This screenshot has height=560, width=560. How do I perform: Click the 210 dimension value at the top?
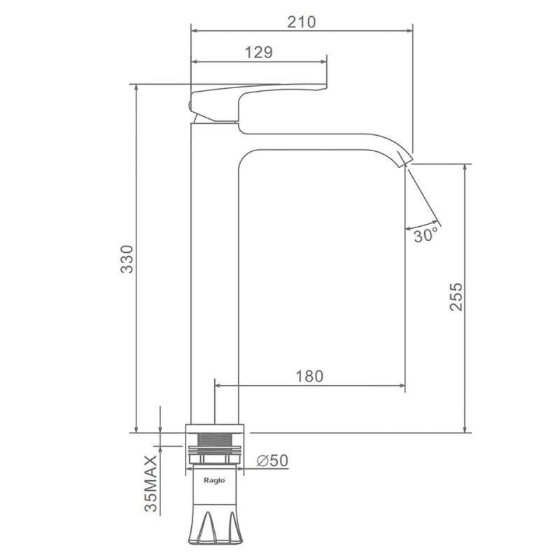point(302,22)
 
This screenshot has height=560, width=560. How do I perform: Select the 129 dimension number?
point(258,52)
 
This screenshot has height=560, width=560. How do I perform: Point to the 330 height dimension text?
point(127,259)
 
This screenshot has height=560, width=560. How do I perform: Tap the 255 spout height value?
point(456,296)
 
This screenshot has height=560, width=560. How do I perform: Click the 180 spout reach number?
point(309,376)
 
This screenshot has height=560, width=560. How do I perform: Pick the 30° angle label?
point(426,235)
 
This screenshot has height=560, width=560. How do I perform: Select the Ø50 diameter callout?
point(272,461)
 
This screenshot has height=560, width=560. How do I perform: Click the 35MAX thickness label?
point(150,483)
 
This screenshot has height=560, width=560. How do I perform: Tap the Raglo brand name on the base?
point(214,480)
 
